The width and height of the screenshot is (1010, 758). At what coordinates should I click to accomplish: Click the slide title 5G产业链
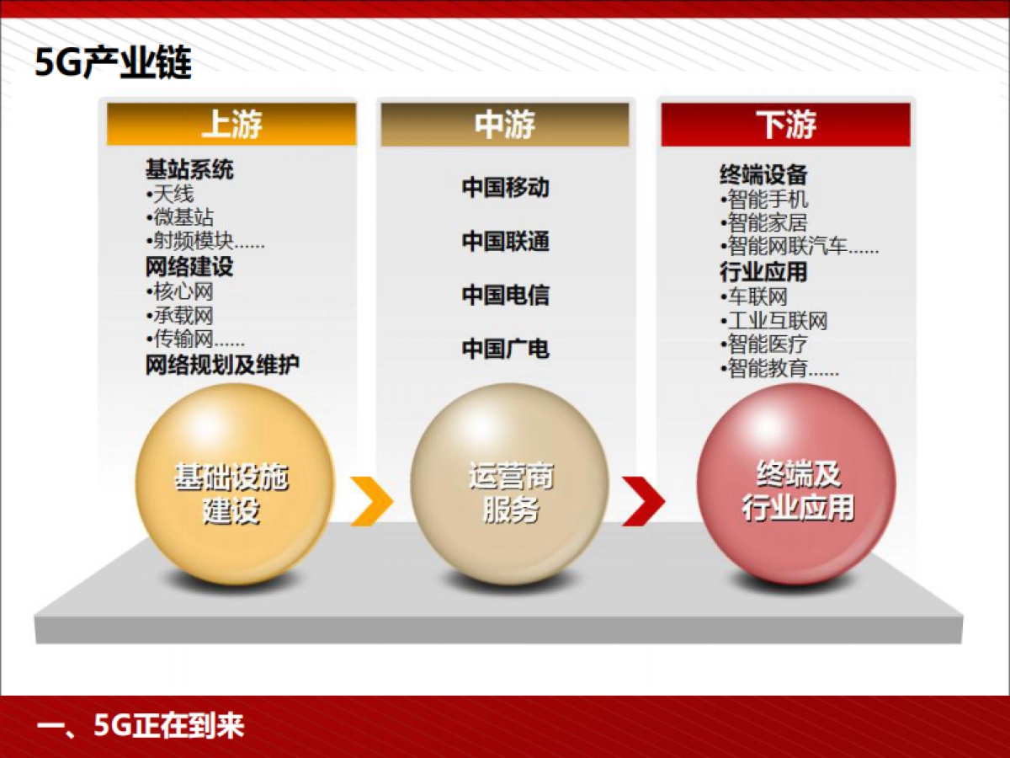coord(113,63)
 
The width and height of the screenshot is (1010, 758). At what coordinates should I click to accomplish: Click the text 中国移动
coord(505,187)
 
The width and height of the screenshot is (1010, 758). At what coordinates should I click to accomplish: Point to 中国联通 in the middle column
coord(505,242)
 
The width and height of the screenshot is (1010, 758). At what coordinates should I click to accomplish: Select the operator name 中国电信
coord(505,295)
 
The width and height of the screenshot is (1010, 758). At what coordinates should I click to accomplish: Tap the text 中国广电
coord(505,348)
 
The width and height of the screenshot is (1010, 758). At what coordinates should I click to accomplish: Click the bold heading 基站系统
coord(189,170)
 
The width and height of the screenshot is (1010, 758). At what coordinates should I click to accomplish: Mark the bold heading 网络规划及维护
coord(222,365)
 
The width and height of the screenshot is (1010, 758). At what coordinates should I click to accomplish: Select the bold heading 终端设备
coord(763,174)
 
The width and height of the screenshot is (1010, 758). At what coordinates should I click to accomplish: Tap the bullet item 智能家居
coord(767,223)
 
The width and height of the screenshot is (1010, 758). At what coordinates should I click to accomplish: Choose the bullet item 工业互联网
coord(777,321)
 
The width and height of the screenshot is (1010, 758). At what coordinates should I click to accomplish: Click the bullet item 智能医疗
coord(767,344)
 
